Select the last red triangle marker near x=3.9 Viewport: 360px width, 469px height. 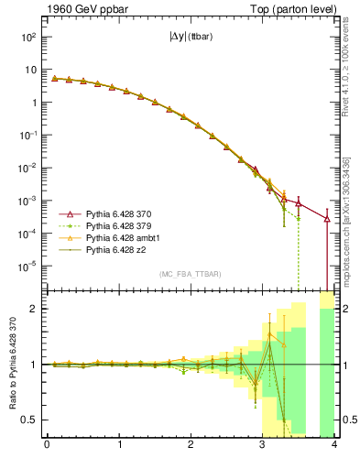327,219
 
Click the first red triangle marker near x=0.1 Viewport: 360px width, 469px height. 54,79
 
